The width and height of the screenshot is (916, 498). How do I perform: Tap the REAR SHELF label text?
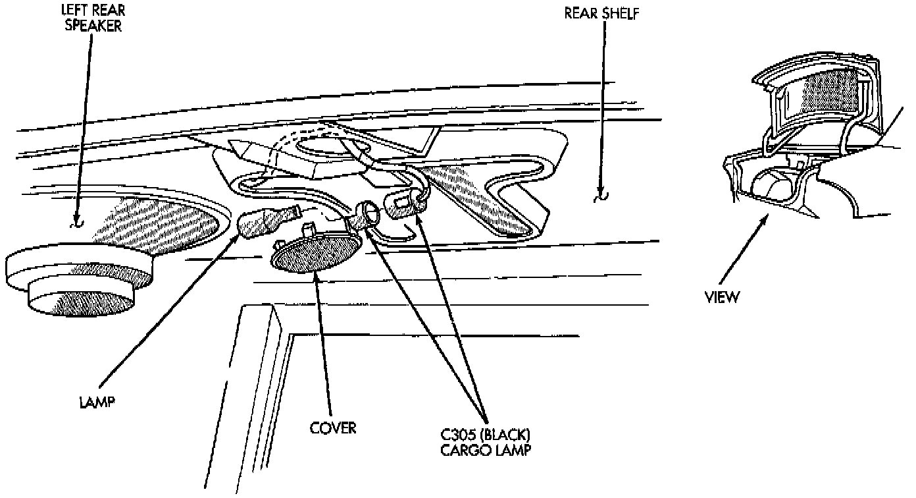pyautogui.click(x=601, y=13)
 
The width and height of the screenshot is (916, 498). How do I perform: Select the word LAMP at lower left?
pyautogui.click(x=95, y=401)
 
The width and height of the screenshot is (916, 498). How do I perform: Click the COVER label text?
pyautogui.click(x=333, y=428)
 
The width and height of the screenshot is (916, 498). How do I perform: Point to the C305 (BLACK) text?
pyautogui.click(x=486, y=436)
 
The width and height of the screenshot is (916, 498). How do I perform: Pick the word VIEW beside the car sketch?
pyautogui.click(x=722, y=297)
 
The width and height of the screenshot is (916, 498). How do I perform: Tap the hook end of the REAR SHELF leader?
pyautogui.click(x=599, y=198)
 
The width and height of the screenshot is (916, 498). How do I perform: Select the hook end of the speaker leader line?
pyautogui.click(x=77, y=223)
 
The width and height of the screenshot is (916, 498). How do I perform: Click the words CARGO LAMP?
pyautogui.click(x=486, y=451)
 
